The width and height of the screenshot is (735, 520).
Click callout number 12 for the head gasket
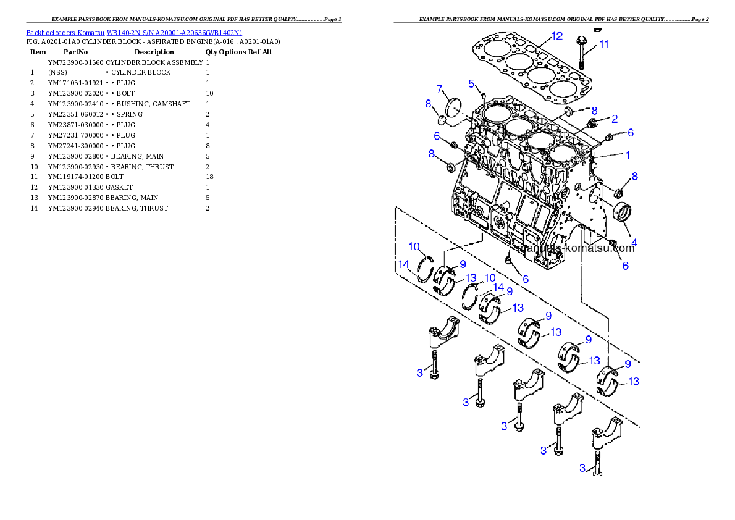tap(556, 36)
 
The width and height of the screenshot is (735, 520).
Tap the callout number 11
tap(603, 44)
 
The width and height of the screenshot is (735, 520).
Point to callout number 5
tap(471, 83)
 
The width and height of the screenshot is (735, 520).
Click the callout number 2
tap(615, 118)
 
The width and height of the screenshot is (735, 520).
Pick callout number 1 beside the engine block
tap(628, 156)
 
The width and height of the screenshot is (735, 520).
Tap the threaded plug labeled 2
tap(593, 124)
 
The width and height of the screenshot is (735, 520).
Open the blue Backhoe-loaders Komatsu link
tap(134, 32)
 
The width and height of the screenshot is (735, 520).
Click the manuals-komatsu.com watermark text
tap(577, 248)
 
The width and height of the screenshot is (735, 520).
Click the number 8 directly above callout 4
tap(634, 177)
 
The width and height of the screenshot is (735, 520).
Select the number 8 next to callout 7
tap(427, 104)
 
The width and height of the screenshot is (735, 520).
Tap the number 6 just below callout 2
tap(630, 132)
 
